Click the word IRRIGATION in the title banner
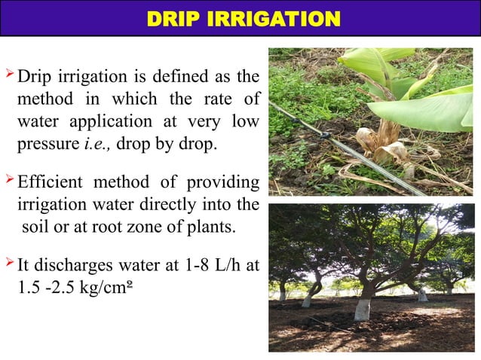coord(270,18)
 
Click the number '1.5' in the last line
coord(32,288)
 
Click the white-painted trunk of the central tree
coord(363,309)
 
